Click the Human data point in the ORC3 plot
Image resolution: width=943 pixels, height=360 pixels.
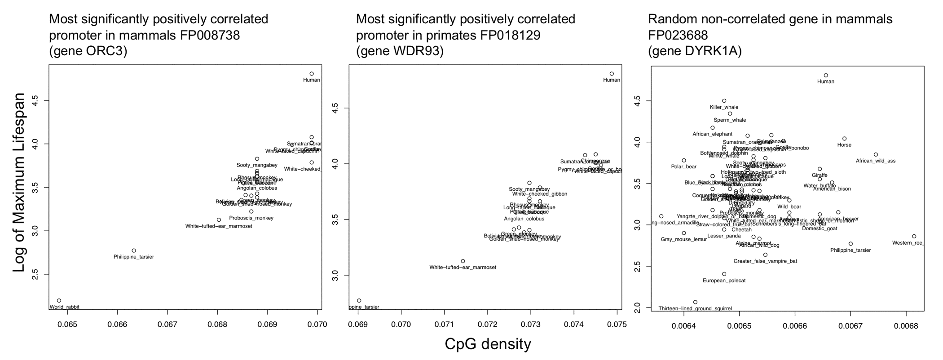click(312, 74)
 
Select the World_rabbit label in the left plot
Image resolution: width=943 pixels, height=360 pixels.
click(65, 307)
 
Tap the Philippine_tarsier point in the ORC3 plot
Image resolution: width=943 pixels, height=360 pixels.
click(134, 250)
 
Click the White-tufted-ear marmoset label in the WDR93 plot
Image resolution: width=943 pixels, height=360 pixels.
click(463, 268)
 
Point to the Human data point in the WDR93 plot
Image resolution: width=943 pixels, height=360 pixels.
click(612, 74)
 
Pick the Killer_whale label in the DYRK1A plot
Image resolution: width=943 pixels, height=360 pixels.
click(724, 107)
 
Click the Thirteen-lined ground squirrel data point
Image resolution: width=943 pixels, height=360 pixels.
click(695, 302)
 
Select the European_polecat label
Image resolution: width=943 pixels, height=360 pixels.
click(724, 281)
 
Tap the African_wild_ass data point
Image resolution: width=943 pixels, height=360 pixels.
click(876, 154)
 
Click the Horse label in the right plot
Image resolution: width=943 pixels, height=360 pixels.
click(844, 145)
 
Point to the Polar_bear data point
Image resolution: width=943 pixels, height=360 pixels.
click(684, 160)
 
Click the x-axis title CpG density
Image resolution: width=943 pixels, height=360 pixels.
click(488, 344)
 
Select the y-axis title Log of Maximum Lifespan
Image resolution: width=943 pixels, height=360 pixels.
click(19, 182)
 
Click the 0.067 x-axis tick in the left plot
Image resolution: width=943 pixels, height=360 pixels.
click(167, 324)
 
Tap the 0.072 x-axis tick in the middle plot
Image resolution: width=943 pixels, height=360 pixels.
click(488, 324)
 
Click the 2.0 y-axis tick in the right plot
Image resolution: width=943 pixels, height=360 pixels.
click(637, 307)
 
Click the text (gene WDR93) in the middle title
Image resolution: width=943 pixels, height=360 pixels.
click(400, 51)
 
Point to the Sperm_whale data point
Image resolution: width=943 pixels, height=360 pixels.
click(730, 114)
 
